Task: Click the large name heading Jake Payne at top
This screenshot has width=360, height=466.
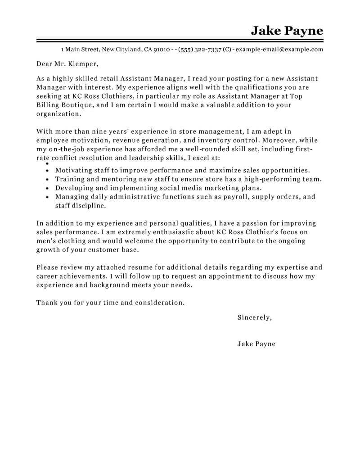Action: pyautogui.click(x=287, y=31)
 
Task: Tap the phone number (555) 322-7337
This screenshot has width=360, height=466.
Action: pyautogui.click(x=199, y=50)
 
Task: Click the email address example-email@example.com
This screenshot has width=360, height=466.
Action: pyautogui.click(x=279, y=50)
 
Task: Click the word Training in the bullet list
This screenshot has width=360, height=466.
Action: pyautogui.click(x=70, y=179)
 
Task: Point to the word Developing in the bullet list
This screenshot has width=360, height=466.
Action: pyautogui.click(x=74, y=188)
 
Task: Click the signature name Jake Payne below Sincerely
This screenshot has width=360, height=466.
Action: pyautogui.click(x=256, y=344)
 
